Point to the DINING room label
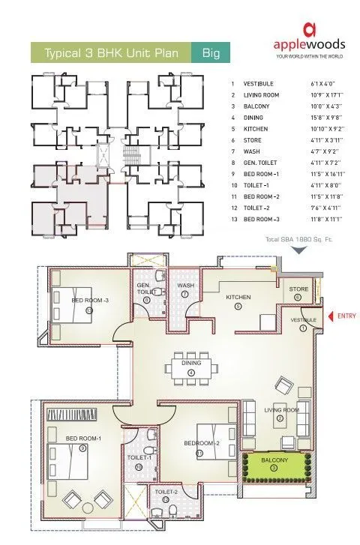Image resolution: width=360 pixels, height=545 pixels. [190, 363]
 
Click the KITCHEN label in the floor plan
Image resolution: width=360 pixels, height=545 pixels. [238, 298]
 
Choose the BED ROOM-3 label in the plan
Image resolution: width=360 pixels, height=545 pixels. [90, 300]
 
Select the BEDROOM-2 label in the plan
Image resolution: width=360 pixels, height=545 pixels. [201, 443]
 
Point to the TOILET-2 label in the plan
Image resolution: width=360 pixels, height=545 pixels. [166, 492]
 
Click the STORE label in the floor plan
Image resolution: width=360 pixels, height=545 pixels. [298, 289]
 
